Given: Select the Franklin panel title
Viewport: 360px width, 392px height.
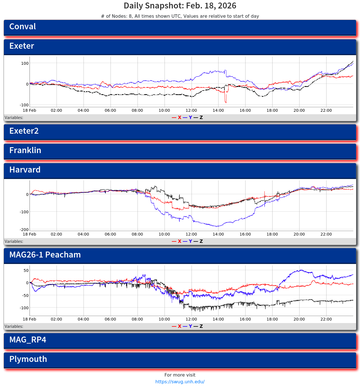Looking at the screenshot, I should pyautogui.click(x=25, y=151).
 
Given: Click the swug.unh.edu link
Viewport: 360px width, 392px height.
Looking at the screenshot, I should pyautogui.click(x=180, y=382).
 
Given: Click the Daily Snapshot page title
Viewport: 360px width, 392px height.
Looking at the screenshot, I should pyautogui.click(x=180, y=6).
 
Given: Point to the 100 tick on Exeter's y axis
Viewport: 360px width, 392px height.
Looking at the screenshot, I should pyautogui.click(x=25, y=63).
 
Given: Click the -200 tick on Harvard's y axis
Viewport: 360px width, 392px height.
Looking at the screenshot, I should pyautogui.click(x=24, y=230).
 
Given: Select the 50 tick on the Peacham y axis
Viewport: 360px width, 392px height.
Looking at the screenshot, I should pyautogui.click(x=26, y=270).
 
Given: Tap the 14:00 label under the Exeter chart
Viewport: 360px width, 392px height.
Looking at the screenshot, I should pyautogui.click(x=218, y=111).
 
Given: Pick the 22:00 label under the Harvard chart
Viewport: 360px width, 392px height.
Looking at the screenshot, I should pyautogui.click(x=326, y=234).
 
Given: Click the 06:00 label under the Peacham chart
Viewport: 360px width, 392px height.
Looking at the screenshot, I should pyautogui.click(x=110, y=319).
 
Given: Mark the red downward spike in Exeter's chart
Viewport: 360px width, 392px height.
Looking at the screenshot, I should pyautogui.click(x=226, y=101).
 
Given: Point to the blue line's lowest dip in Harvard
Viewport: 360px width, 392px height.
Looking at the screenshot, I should pyautogui.click(x=217, y=226).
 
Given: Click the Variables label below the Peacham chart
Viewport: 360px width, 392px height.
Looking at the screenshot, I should pyautogui.click(x=14, y=326).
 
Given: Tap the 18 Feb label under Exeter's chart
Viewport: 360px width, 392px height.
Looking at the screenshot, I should pyautogui.click(x=30, y=111).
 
